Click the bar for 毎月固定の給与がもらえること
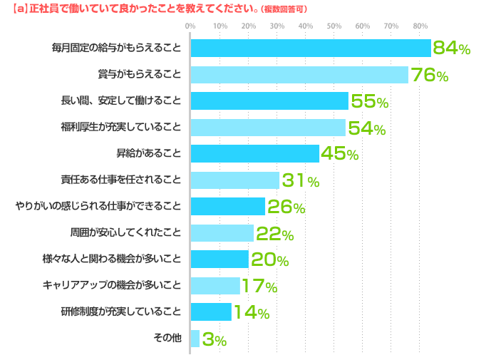coord(311,48)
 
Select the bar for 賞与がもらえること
coord(299,74)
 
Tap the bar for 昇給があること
coord(254,153)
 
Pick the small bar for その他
coord(195,338)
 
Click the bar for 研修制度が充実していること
coord(211,312)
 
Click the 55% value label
coord(369,102)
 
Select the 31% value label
coord(300,181)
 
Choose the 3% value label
coord(214,340)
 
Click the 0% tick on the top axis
coord(190,26)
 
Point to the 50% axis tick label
coord(334,26)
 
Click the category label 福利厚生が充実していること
coord(121,128)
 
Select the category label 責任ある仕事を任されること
coord(121,180)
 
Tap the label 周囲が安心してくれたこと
coord(125,232)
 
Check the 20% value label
coord(269,260)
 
